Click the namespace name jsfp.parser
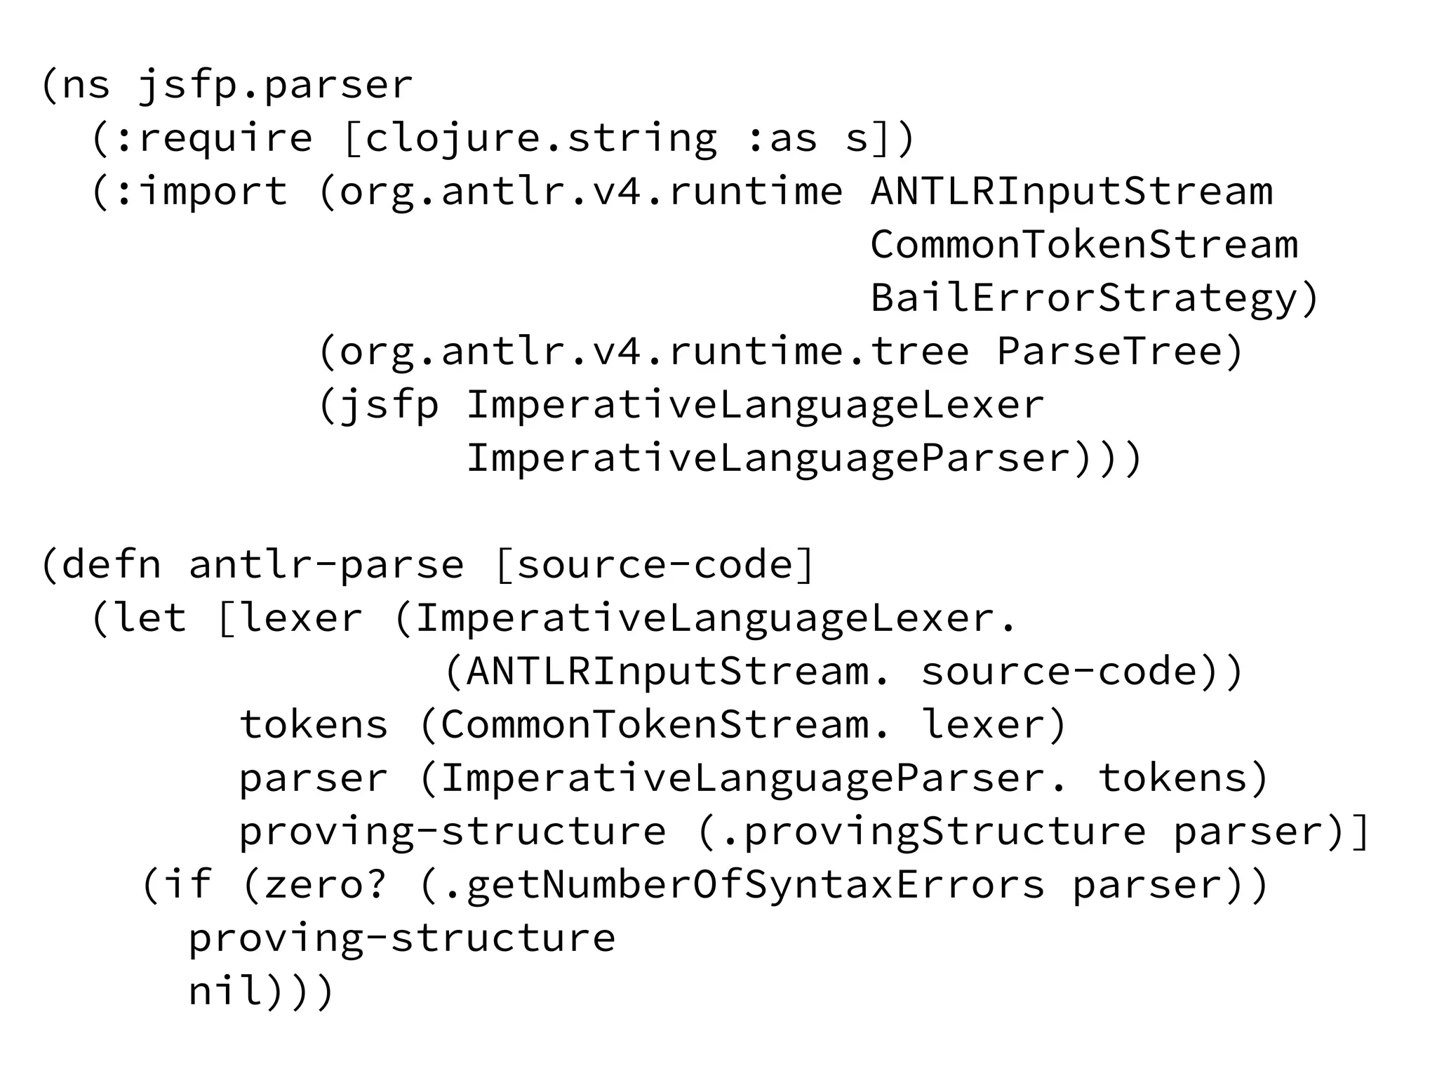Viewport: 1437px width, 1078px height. tap(275, 86)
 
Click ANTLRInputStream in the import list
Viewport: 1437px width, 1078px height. tap(1071, 192)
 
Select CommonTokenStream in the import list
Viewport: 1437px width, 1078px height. tap(1084, 245)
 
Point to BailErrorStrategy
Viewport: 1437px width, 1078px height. tap(1084, 298)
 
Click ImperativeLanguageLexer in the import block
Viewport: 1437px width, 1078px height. tap(755, 405)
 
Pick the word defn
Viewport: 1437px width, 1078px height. tap(111, 565)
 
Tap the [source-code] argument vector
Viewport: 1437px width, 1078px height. tap(654, 565)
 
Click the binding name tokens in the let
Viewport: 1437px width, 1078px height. tap(314, 725)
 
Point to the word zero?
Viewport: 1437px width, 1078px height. tap(326, 885)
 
